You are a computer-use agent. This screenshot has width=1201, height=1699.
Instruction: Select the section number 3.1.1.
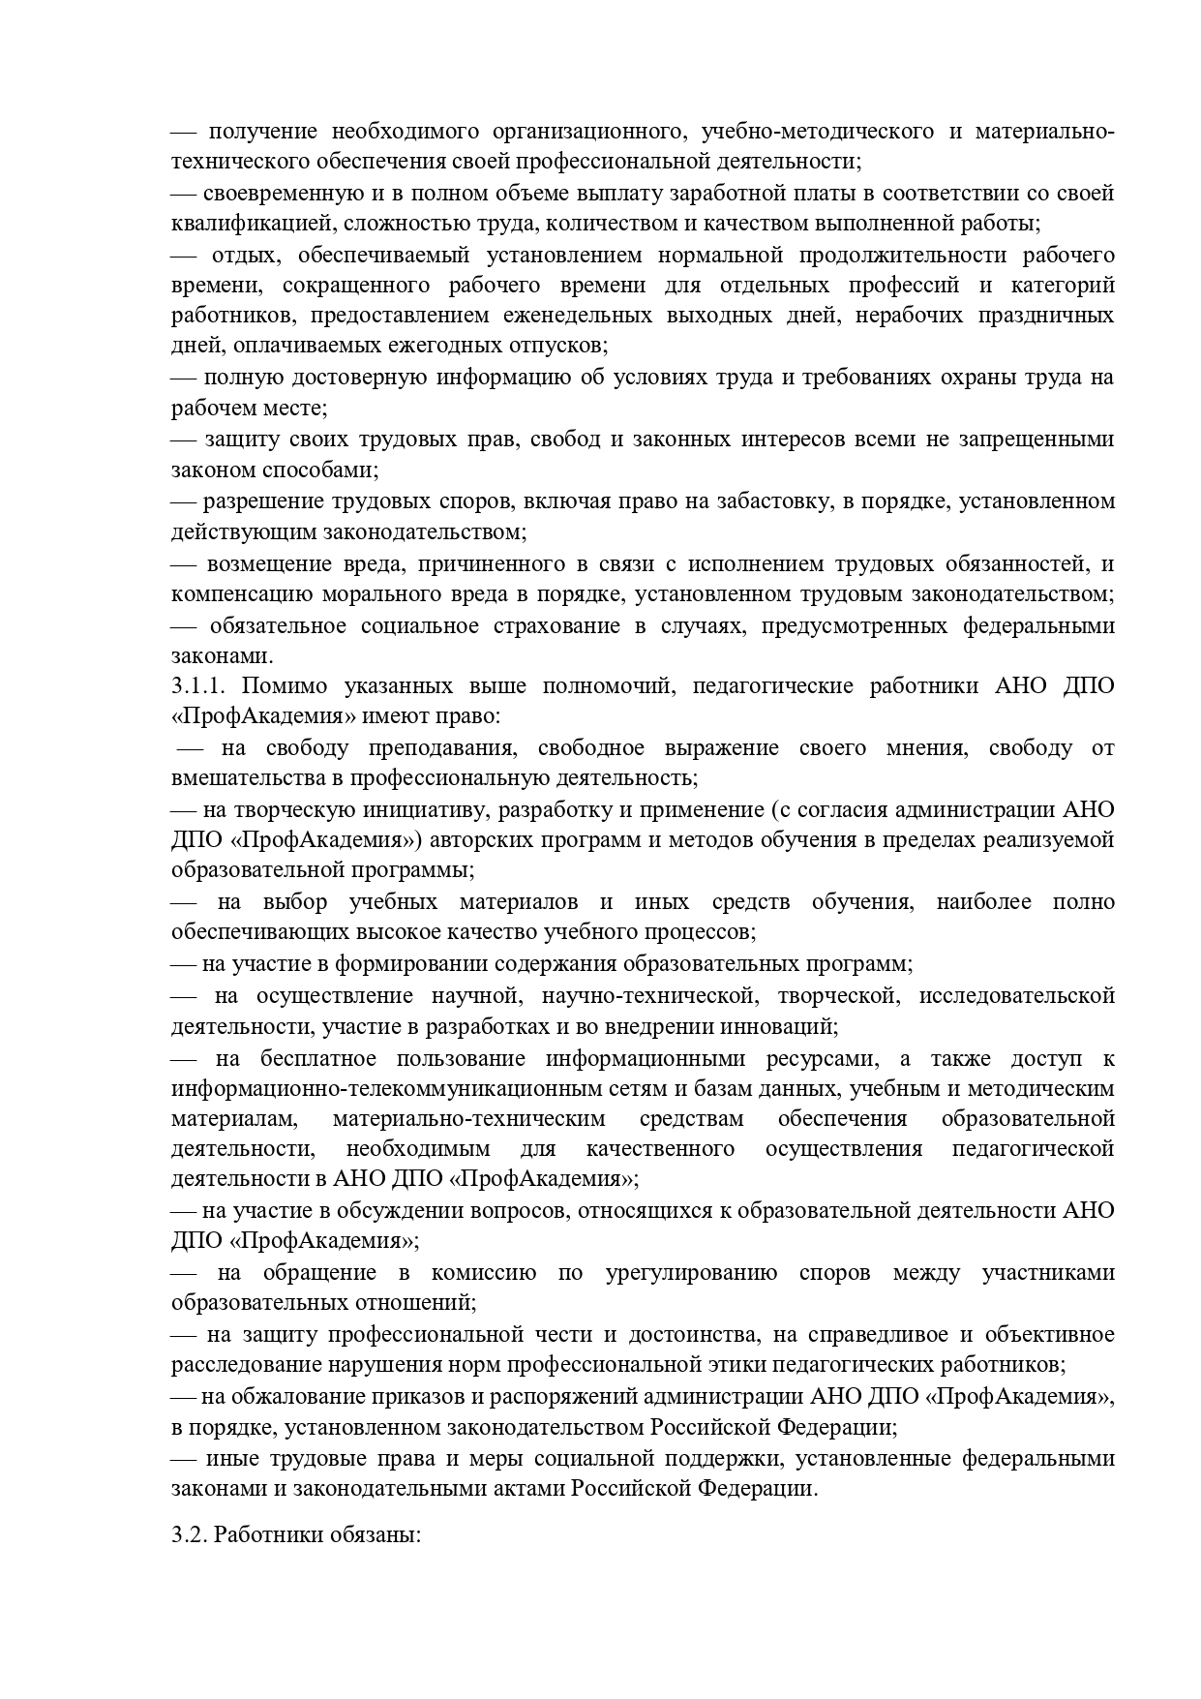(x=198, y=686)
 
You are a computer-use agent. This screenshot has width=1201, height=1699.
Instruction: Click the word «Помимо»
(x=282, y=686)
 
